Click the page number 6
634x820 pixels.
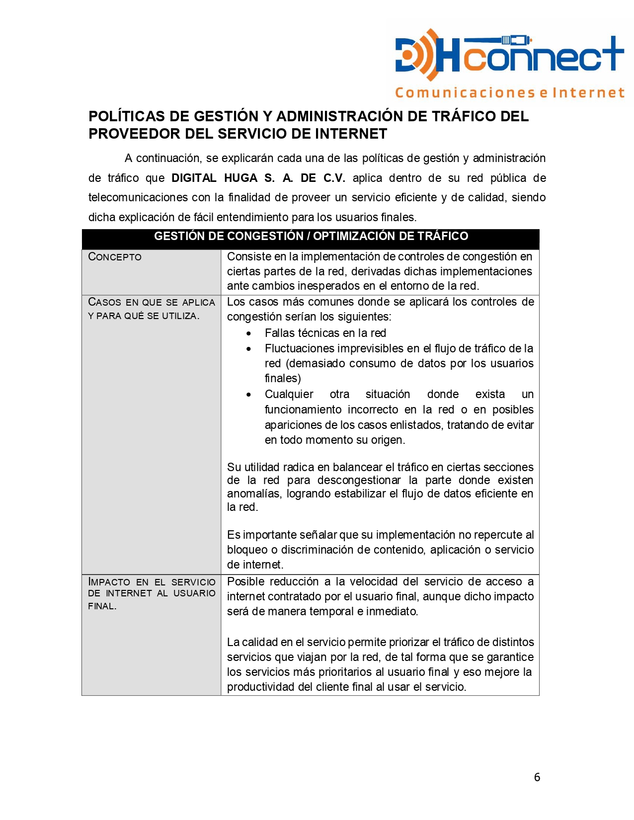click(x=537, y=777)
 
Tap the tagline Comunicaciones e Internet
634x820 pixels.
click(x=509, y=93)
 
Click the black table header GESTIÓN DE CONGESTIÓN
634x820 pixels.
click(x=311, y=237)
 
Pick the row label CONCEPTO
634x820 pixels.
click(x=115, y=257)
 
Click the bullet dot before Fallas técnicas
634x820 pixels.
click(x=249, y=333)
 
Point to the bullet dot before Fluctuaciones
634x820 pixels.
click(x=249, y=349)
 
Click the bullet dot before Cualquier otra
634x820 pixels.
click(x=249, y=395)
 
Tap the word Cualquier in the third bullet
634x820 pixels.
click(x=289, y=395)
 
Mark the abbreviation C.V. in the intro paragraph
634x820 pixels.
click(x=334, y=178)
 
